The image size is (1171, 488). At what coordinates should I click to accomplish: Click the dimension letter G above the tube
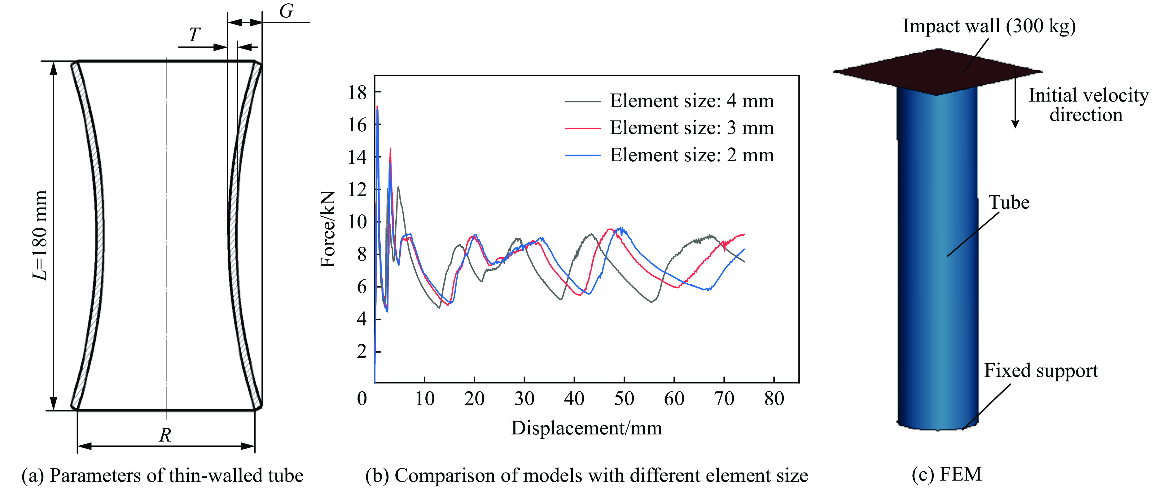click(286, 11)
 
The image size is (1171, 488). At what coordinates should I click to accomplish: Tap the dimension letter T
click(195, 35)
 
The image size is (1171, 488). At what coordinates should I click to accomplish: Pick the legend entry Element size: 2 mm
click(691, 155)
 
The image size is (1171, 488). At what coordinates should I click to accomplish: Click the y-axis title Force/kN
click(328, 229)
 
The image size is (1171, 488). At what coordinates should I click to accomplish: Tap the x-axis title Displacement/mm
click(586, 428)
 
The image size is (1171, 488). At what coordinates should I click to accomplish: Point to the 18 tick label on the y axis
click(357, 93)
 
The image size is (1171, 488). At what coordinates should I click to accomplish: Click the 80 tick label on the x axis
click(774, 399)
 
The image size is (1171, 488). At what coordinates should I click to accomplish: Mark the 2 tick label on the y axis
click(362, 351)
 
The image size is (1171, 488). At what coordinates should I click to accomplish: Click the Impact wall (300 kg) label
click(989, 26)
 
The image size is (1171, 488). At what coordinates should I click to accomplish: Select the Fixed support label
click(1041, 371)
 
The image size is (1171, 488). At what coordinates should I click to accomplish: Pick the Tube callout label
click(1009, 203)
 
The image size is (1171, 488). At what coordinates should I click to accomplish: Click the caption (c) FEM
click(946, 474)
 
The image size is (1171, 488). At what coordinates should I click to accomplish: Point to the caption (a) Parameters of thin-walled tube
click(162, 475)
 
